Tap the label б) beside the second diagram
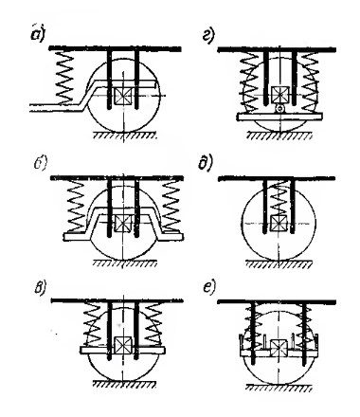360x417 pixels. [x=41, y=163]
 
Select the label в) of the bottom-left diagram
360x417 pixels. [x=41, y=288]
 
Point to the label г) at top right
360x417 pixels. [x=208, y=35]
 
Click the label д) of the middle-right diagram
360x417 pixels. [x=206, y=163]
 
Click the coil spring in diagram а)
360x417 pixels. [x=64, y=78]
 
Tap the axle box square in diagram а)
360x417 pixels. [x=123, y=96]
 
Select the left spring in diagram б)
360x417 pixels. [x=75, y=206]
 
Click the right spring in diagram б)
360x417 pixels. [x=171, y=206]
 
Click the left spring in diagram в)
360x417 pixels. [x=93, y=325]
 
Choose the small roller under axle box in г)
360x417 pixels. [x=279, y=108]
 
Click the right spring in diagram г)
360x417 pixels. [x=310, y=82]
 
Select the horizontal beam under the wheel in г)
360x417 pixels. [x=279, y=117]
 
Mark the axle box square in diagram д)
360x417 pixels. [x=279, y=224]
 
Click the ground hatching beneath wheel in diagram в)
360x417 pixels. [x=125, y=385]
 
